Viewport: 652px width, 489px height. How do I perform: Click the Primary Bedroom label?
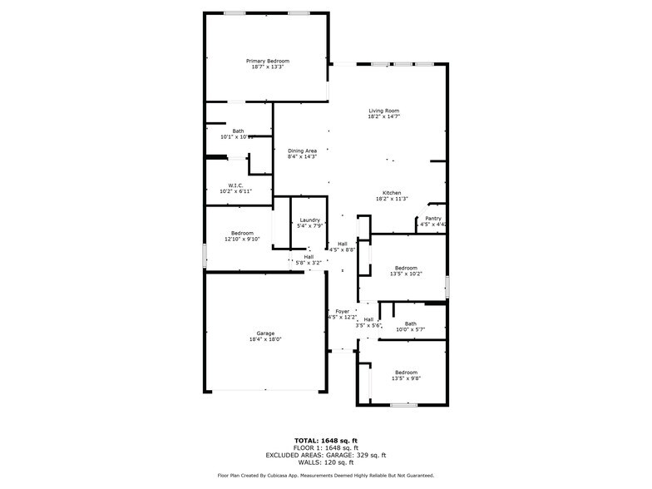point(268,61)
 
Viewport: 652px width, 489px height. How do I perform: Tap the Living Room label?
point(384,111)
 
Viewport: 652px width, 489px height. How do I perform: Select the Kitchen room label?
point(393,192)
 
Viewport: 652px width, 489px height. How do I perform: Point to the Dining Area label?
point(302,151)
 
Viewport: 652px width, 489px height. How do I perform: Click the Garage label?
point(265,333)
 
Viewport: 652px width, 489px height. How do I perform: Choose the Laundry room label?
point(309,220)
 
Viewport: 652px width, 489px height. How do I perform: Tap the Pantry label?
point(433,218)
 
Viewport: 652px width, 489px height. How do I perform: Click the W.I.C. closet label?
point(235,185)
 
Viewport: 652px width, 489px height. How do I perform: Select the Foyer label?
point(342,311)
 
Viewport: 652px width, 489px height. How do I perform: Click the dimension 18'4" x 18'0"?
point(265,339)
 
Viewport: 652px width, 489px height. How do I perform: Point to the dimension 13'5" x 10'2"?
point(406,274)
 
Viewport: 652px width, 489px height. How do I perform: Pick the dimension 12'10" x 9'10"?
point(242,239)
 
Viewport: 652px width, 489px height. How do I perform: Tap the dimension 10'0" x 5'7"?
point(411,329)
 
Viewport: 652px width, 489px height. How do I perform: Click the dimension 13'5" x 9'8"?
point(406,378)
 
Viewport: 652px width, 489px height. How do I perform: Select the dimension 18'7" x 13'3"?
point(268,67)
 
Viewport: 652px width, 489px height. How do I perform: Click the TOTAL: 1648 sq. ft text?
point(325,441)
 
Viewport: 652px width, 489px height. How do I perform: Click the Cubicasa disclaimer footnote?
point(325,476)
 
